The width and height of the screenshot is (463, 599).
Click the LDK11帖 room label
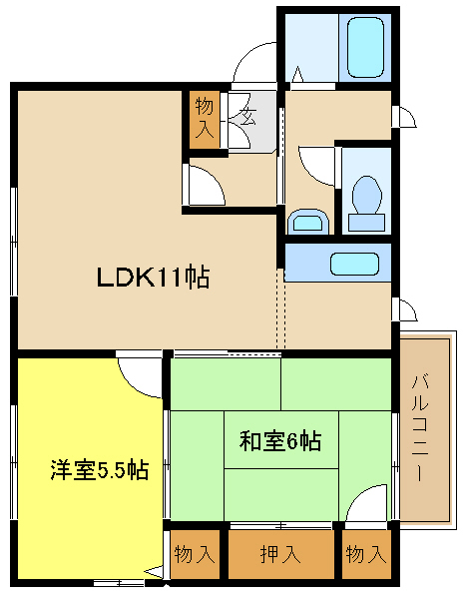[x=153, y=278]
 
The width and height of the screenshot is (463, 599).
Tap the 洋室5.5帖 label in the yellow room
[x=99, y=470]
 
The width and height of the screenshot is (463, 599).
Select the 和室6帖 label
[x=280, y=441]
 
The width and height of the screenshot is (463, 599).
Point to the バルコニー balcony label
[x=419, y=428]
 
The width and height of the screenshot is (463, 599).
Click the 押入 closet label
[x=280, y=554]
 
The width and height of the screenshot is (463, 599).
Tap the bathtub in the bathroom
[x=365, y=48]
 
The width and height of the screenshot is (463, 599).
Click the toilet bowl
[x=367, y=195]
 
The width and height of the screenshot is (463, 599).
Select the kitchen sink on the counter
[x=354, y=264]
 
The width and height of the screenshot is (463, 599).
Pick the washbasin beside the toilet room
[x=308, y=222]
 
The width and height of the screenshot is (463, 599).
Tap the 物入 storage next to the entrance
[x=205, y=119]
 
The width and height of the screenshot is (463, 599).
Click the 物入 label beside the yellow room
[x=195, y=554]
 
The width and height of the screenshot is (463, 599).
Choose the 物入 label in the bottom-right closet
[x=366, y=554]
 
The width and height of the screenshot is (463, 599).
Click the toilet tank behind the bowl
[x=366, y=223]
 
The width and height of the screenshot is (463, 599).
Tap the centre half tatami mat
[x=281, y=439]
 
